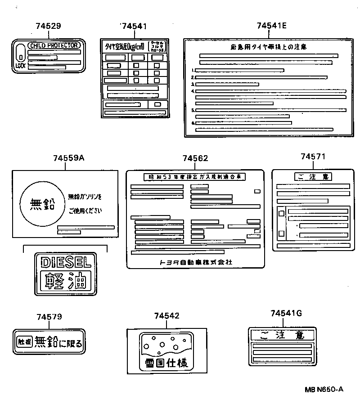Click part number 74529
point(48,26)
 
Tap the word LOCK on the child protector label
point(20,66)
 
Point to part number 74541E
point(272,26)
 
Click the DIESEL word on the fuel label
point(66,262)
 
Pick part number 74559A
point(69,158)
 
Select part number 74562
point(195,158)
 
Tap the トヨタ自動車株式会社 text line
point(195,262)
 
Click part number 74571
point(313,156)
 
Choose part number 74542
point(166,316)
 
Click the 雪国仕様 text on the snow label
point(166,363)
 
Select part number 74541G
point(286,313)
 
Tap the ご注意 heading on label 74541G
point(283,335)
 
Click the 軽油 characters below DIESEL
point(66,281)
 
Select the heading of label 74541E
point(268,46)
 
